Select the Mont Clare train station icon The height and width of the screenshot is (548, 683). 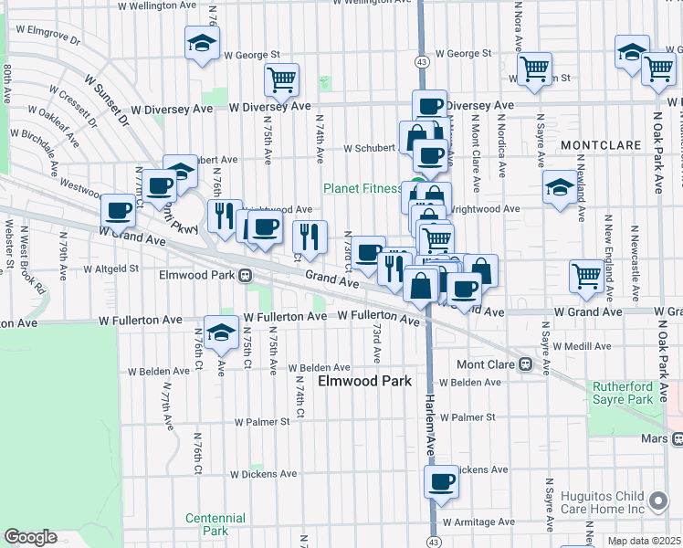pyautogui.click(x=526, y=364)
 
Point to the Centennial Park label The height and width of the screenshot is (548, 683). pyautogui.click(x=215, y=524)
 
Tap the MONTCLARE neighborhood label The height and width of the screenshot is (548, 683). pyautogui.click(x=597, y=146)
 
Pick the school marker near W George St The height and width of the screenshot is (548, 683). pyautogui.click(x=202, y=43)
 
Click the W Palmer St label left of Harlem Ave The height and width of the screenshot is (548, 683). pyautogui.click(x=261, y=422)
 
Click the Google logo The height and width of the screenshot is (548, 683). pyautogui.click(x=29, y=537)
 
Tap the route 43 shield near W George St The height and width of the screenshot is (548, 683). pyautogui.click(x=421, y=61)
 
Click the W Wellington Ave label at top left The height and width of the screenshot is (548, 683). pyautogui.click(x=158, y=5)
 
